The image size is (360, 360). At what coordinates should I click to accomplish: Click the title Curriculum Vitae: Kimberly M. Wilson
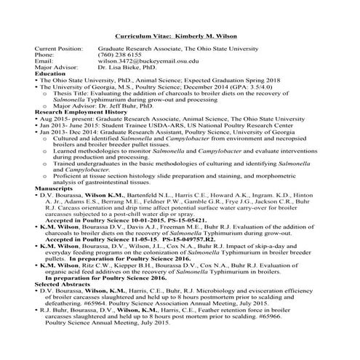click(x=179, y=36)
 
